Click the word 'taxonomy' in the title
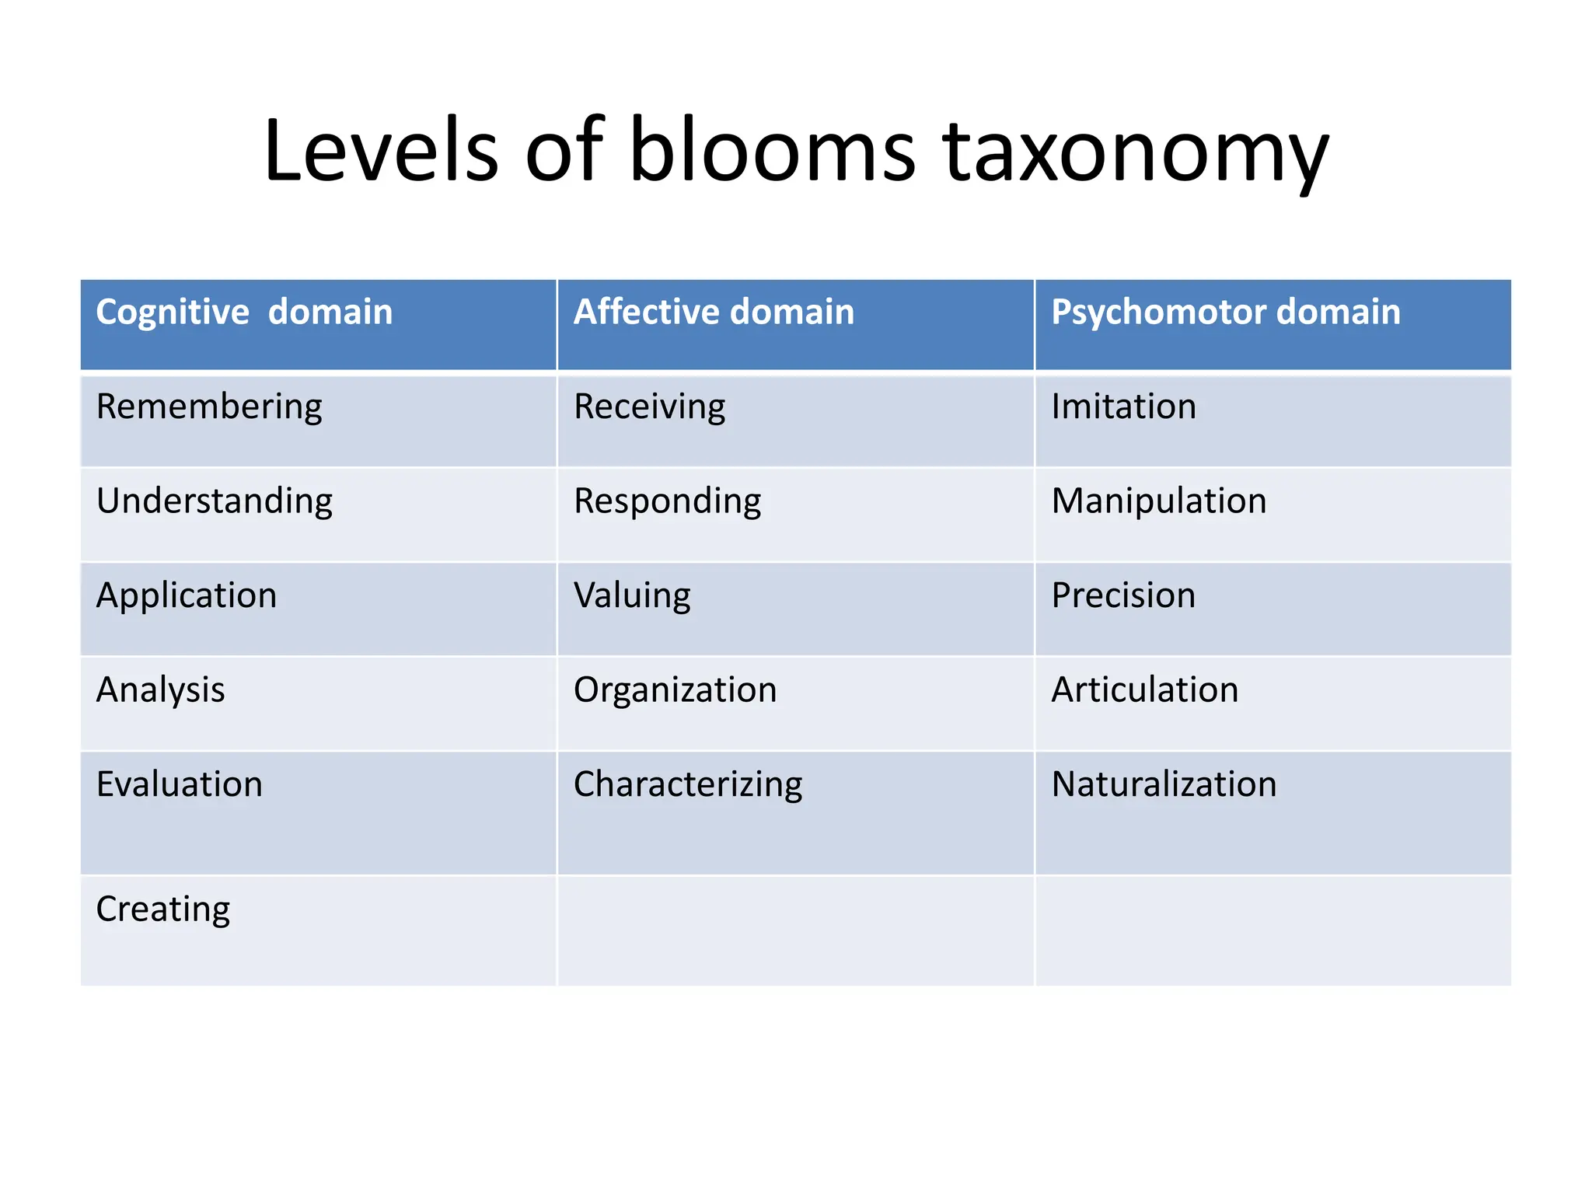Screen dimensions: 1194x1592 pyautogui.click(x=1135, y=152)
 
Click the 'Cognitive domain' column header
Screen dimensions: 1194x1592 pyautogui.click(x=244, y=312)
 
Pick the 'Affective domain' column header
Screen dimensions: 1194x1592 pyautogui.click(x=714, y=312)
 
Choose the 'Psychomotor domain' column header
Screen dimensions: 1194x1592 pyautogui.click(x=1225, y=312)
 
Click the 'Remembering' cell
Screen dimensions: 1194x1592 pyautogui.click(x=209, y=407)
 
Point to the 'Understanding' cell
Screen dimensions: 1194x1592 pyautogui.click(x=215, y=501)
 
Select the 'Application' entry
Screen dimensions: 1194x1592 pyautogui.click(x=187, y=596)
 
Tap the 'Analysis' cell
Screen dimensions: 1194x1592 pyautogui.click(x=160, y=690)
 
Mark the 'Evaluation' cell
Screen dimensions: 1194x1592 pyautogui.click(x=180, y=784)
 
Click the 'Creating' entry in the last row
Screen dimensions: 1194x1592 pyautogui.click(x=163, y=909)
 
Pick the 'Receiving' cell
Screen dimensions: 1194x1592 pyautogui.click(x=649, y=407)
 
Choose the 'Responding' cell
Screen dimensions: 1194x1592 pyautogui.click(x=667, y=501)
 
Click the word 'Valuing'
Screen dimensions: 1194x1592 pyautogui.click(x=632, y=596)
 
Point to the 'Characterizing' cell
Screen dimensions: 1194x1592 pyautogui.click(x=688, y=784)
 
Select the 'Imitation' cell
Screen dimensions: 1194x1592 pyautogui.click(x=1123, y=407)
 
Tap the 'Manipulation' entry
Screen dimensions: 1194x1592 pyautogui.click(x=1158, y=501)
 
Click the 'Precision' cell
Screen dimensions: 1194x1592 pyautogui.click(x=1123, y=596)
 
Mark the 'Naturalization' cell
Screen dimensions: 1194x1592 pyautogui.click(x=1164, y=784)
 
